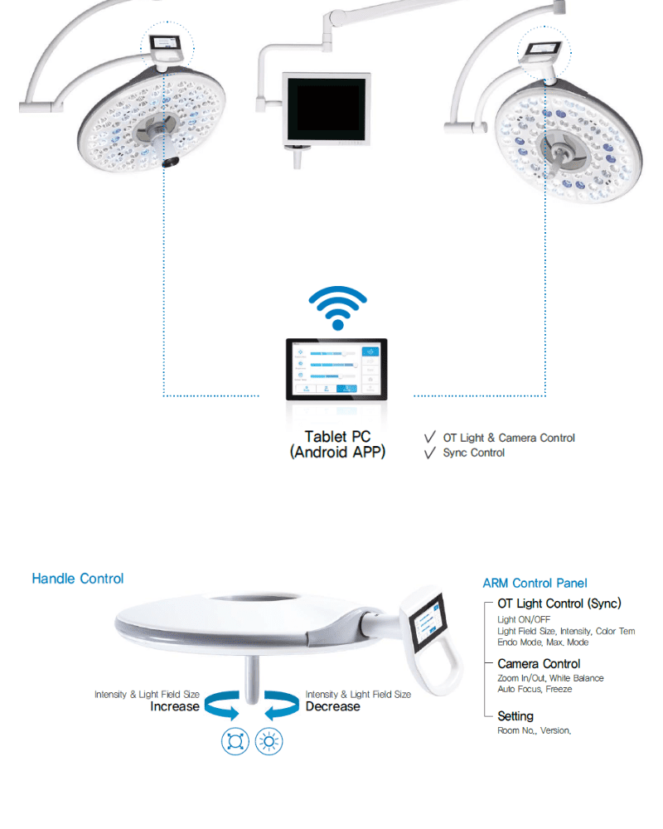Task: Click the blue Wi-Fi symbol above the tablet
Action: pyautogui.click(x=337, y=310)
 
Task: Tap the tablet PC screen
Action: pyautogui.click(x=337, y=367)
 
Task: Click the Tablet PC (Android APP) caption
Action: pyautogui.click(x=338, y=444)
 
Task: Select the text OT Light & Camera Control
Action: pyautogui.click(x=509, y=438)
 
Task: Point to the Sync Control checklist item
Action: pyautogui.click(x=473, y=453)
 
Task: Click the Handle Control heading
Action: pyautogui.click(x=78, y=579)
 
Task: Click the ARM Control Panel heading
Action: pyautogui.click(x=535, y=584)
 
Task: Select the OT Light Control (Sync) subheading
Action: pyautogui.click(x=559, y=604)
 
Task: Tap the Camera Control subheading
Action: pyautogui.click(x=539, y=663)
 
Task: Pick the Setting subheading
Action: pyautogui.click(x=515, y=715)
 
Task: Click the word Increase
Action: pyautogui.click(x=175, y=706)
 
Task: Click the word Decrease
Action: pyautogui.click(x=332, y=706)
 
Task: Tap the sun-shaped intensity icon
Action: pyautogui.click(x=269, y=740)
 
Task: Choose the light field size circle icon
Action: pyautogui.click(x=235, y=740)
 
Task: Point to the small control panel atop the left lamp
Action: pyautogui.click(x=167, y=43)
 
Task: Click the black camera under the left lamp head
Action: pyautogui.click(x=172, y=162)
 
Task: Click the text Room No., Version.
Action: pyautogui.click(x=535, y=730)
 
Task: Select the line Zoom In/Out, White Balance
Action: pyautogui.click(x=550, y=678)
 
